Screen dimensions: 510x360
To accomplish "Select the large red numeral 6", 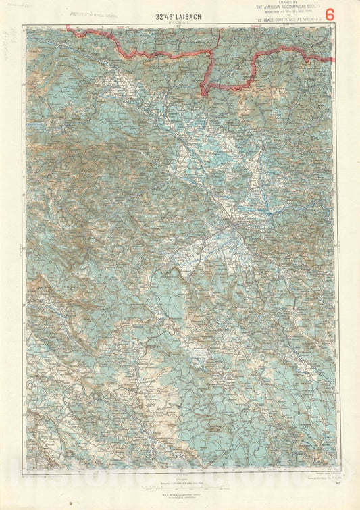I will coord(330,14).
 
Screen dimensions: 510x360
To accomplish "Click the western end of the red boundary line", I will coord(67,27).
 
